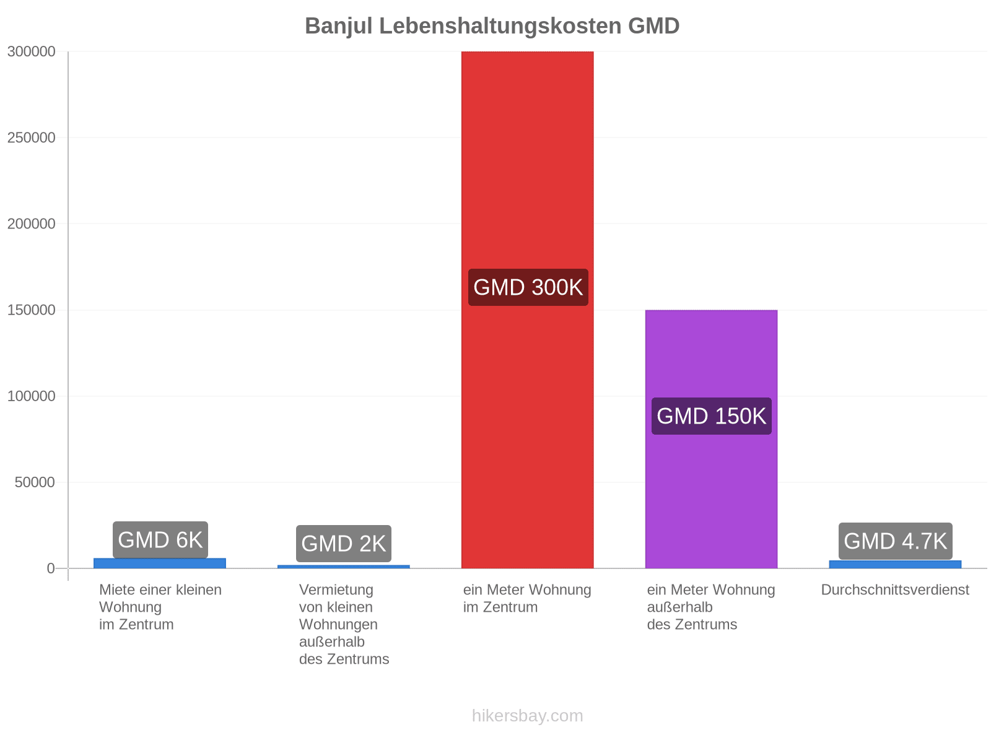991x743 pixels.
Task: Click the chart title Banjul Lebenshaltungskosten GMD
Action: (x=492, y=26)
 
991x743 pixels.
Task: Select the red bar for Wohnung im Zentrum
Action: (x=527, y=310)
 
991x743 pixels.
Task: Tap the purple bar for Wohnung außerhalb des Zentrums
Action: (x=711, y=439)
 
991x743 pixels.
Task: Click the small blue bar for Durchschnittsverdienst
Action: (x=895, y=564)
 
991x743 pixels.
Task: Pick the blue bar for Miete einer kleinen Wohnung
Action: (x=160, y=563)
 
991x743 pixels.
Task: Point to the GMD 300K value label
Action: (x=528, y=287)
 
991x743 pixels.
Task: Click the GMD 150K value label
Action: (x=712, y=416)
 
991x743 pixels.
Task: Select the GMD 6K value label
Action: (x=160, y=540)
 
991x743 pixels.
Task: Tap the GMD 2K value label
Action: (x=344, y=544)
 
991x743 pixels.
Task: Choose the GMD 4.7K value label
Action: (x=895, y=541)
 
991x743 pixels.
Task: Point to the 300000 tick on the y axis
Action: (x=31, y=51)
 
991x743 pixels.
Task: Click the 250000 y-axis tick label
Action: (x=31, y=137)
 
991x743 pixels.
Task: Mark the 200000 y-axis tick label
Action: (x=31, y=224)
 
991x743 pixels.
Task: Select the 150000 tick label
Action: (x=31, y=310)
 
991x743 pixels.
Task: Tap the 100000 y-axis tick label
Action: (x=31, y=396)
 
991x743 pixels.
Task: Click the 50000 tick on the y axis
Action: (x=35, y=482)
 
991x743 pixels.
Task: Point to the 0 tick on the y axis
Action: (x=51, y=568)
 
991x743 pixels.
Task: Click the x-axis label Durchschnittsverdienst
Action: (x=895, y=589)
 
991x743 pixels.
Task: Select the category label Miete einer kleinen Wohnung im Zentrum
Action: (x=160, y=607)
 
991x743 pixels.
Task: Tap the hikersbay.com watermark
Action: (x=527, y=716)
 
